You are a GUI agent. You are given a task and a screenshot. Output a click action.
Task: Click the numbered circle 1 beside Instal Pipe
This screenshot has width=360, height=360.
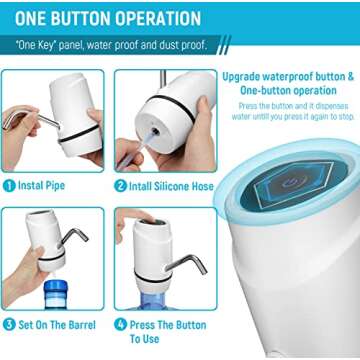pos(9,185)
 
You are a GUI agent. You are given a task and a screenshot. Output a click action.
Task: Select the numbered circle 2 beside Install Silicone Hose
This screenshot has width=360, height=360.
pos(120,185)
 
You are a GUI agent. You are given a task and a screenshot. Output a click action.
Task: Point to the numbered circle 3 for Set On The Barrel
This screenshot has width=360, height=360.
pos(9,325)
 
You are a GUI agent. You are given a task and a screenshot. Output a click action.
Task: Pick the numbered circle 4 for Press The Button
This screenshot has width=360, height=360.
pos(120,325)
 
